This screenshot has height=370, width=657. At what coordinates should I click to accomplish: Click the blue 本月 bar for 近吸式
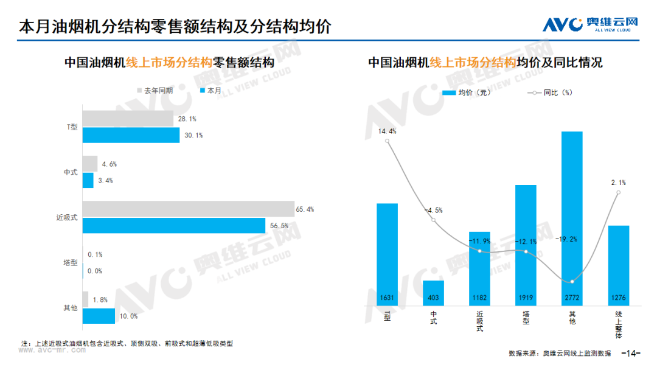click(x=174, y=225)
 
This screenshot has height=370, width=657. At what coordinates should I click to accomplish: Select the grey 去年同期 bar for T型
click(x=128, y=119)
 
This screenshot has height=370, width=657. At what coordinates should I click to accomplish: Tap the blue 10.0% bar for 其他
click(x=99, y=316)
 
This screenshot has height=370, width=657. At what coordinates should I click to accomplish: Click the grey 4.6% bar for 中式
click(x=90, y=164)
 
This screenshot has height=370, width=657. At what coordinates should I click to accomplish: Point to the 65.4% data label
click(x=305, y=209)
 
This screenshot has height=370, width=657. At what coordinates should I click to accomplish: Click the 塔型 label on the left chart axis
click(x=71, y=263)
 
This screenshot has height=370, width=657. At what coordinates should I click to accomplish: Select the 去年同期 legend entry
click(x=155, y=91)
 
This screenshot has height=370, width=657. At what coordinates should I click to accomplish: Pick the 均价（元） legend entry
click(x=467, y=92)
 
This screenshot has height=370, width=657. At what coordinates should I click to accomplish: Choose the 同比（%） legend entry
click(x=550, y=92)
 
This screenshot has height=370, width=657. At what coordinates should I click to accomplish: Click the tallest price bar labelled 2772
click(x=572, y=218)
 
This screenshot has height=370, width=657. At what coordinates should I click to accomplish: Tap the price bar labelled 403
click(x=433, y=293)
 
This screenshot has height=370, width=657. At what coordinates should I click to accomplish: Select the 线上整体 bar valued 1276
click(x=619, y=266)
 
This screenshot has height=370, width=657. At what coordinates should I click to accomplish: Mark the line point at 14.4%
click(x=387, y=141)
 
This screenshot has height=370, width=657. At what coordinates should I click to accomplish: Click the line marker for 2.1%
click(x=619, y=193)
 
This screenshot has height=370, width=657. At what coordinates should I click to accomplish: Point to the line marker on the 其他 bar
click(x=572, y=282)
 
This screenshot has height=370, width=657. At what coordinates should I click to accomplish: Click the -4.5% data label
click(x=434, y=211)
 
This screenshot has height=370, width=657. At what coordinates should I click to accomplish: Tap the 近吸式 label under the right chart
click(x=480, y=321)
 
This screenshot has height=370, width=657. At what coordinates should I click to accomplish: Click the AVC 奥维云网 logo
click(x=590, y=24)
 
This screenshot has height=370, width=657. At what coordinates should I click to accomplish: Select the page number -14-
click(x=631, y=353)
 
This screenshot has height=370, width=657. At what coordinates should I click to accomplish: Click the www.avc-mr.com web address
click(x=52, y=350)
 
